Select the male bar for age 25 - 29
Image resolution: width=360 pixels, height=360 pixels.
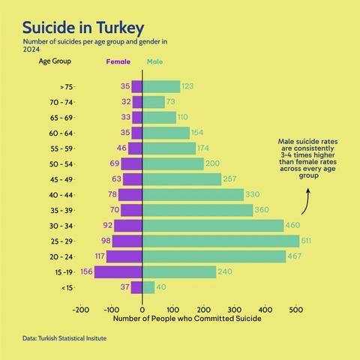coord(220,241)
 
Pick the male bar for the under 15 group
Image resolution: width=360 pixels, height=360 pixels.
coord(148,287)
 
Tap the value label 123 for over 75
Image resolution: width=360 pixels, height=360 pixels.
coord(188,86)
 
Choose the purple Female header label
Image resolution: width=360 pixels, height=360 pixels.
coord(118,61)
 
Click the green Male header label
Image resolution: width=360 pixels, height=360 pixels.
coord(154,61)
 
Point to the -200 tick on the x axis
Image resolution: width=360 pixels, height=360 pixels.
coord(80,308)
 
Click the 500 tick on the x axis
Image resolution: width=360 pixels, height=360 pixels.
coord(295,308)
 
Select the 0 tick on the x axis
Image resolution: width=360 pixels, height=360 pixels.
coord(142,308)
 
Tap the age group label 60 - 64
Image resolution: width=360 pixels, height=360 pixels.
coord(61,133)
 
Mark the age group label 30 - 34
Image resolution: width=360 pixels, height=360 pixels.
coord(61,226)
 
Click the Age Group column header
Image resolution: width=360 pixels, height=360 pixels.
coord(55,61)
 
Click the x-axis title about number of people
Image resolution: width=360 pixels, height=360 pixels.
coord(187,319)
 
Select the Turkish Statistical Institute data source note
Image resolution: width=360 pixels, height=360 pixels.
coord(64,340)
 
